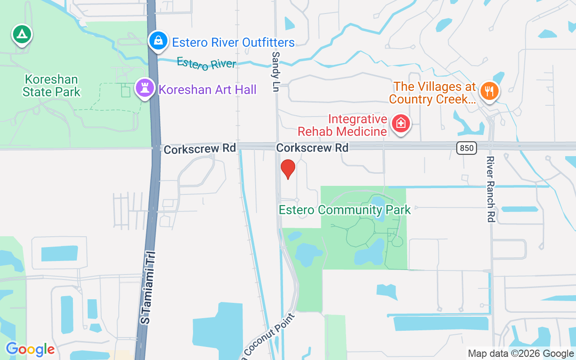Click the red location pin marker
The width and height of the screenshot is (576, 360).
[x=288, y=169]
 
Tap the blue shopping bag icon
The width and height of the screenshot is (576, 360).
[x=158, y=41]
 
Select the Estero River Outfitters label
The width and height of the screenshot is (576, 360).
[x=233, y=43]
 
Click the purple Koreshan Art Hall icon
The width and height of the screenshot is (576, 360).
[x=145, y=88]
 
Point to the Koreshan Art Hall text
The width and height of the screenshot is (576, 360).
[x=207, y=90]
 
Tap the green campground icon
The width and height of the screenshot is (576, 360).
[x=22, y=34]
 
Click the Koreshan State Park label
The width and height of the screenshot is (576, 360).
[x=51, y=86]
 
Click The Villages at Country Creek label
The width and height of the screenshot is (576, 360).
[x=432, y=93]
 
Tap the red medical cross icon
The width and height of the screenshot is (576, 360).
[x=400, y=123]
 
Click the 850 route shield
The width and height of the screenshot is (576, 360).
[x=466, y=148]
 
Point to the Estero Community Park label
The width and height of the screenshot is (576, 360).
[x=345, y=210]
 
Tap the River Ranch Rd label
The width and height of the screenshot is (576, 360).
[x=490, y=189]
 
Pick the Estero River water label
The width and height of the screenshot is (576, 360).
[x=207, y=63]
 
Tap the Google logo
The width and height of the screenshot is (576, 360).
[x=30, y=349]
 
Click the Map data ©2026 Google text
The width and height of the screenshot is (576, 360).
[x=521, y=354]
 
